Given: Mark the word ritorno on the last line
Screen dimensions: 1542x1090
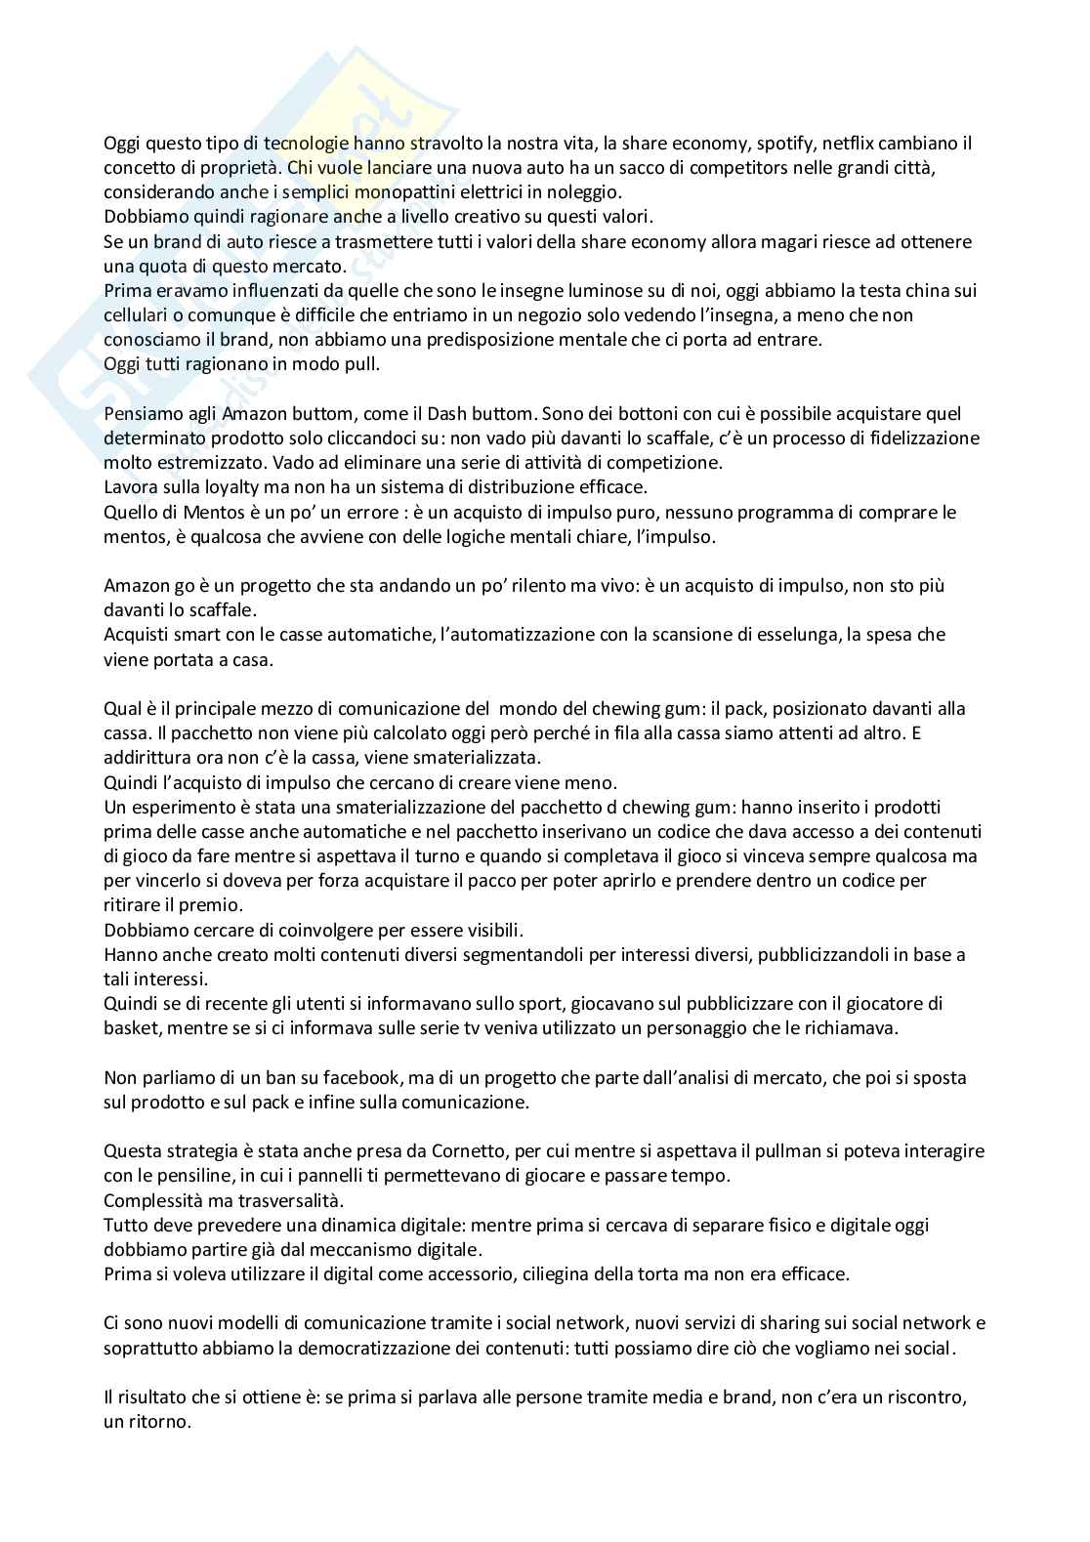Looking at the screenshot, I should (x=157, y=1422).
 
